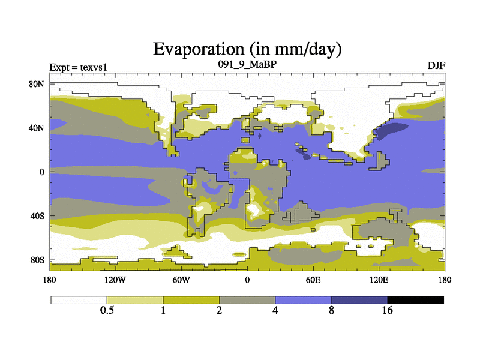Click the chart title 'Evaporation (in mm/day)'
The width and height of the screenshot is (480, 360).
[x=247, y=49]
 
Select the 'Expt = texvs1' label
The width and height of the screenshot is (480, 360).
[x=76, y=66]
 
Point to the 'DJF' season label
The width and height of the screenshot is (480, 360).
[x=436, y=65]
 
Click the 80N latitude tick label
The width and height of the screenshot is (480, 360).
[x=37, y=84]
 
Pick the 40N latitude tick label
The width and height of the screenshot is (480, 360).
[x=37, y=128]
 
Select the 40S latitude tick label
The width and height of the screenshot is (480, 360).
[x=37, y=215]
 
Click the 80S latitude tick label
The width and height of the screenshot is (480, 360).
[x=37, y=260]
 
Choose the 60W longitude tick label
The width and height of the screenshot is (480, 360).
[x=181, y=280]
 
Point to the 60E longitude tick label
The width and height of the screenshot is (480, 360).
[x=313, y=280]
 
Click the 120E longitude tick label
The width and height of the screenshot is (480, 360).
[x=379, y=280]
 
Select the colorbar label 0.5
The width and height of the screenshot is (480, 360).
[x=107, y=311]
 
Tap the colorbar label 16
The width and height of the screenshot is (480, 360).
[x=387, y=311]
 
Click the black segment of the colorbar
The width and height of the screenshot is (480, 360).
[x=415, y=299]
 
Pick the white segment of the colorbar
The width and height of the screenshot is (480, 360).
[x=79, y=299]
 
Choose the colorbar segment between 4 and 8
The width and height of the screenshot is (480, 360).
[x=303, y=299]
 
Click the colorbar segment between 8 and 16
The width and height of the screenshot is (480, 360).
[x=359, y=299]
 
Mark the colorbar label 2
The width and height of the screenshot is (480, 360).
[x=219, y=311]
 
